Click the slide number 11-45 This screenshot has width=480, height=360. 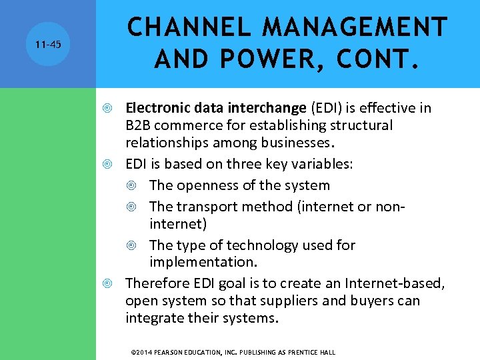coord(48,45)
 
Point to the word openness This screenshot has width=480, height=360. coord(200,185)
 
